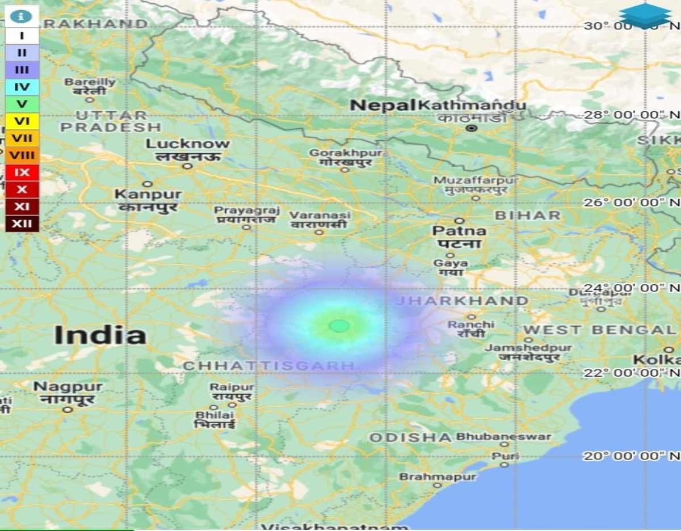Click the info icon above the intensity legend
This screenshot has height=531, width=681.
21,16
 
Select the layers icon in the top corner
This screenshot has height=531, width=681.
645,15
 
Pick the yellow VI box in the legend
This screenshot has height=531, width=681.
22,121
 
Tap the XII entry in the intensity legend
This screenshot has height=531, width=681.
22,223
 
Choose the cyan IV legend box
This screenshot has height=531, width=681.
22,87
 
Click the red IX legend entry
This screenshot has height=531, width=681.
22,172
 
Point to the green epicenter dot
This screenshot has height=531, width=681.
339,326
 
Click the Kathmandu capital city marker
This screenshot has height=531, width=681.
471,128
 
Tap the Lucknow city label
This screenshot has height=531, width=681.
188,144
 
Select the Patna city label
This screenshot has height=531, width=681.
459,231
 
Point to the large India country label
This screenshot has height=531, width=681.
100,335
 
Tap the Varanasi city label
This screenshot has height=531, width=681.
320,216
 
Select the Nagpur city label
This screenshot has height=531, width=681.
68,387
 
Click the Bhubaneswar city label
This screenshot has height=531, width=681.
503,437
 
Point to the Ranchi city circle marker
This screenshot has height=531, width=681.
472,317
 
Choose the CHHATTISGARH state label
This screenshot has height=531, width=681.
269,366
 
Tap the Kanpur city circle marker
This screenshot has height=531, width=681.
148,184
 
